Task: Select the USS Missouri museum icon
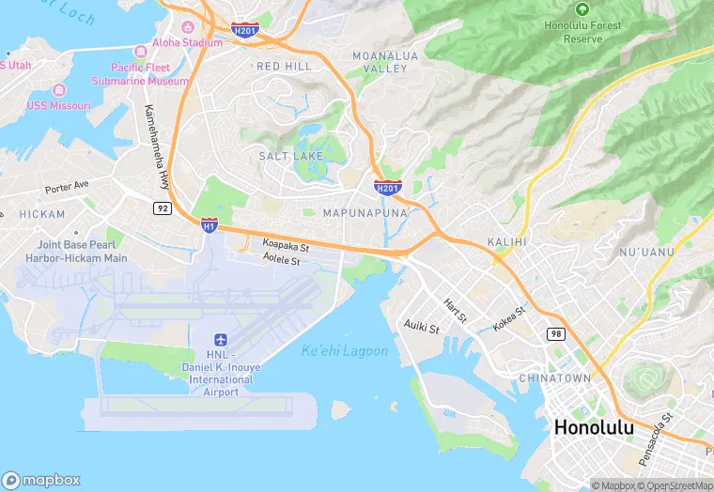[59, 90]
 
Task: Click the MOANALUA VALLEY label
[380, 63]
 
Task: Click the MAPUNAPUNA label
[365, 213]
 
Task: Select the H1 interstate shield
[210, 225]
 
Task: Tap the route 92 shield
[163, 208]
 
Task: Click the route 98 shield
[555, 334]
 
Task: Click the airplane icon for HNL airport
[221, 339]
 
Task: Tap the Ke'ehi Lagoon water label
[344, 351]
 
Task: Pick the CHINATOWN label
[555, 378]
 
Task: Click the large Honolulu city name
[594, 428]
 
